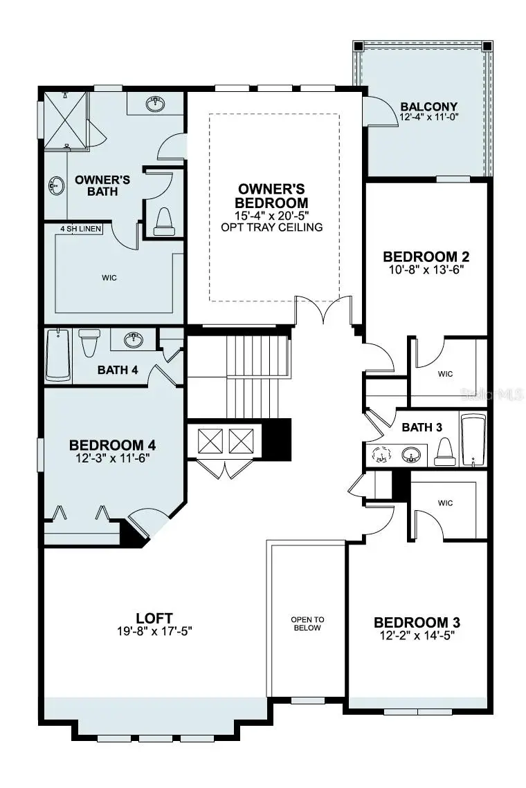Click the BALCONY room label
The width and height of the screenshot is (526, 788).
pyautogui.click(x=428, y=106)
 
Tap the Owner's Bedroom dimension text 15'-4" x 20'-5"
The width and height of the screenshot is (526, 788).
pyautogui.click(x=271, y=215)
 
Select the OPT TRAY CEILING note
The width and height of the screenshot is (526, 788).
pyautogui.click(x=271, y=227)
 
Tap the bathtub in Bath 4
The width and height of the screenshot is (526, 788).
pyautogui.click(x=58, y=355)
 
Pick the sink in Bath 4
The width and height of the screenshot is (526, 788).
pyautogui.click(x=133, y=340)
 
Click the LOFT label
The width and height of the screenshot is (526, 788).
pyautogui.click(x=154, y=618)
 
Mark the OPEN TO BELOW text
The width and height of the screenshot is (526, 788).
pyautogui.click(x=307, y=624)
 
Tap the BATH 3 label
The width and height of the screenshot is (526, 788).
pyautogui.click(x=421, y=428)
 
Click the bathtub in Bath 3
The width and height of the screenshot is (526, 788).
pyautogui.click(x=474, y=440)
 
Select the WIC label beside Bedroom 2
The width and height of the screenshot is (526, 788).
pyautogui.click(x=445, y=374)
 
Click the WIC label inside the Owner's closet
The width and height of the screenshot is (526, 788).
pyautogui.click(x=109, y=278)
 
